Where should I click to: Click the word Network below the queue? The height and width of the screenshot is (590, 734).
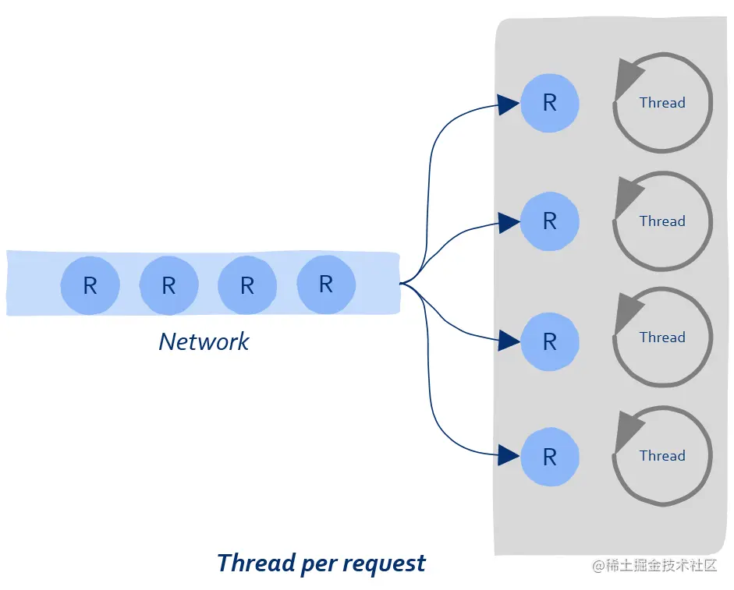pyautogui.click(x=204, y=341)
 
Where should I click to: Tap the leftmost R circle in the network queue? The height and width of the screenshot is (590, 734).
pyautogui.click(x=90, y=285)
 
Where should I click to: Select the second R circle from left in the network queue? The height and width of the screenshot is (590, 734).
pyautogui.click(x=168, y=285)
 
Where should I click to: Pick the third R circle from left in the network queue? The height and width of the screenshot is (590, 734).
pyautogui.click(x=247, y=285)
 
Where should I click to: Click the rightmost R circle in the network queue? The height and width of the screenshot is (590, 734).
pyautogui.click(x=326, y=284)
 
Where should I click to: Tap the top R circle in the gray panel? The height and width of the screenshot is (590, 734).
pyautogui.click(x=550, y=103)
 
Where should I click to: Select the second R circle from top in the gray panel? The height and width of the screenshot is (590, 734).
pyautogui.click(x=550, y=221)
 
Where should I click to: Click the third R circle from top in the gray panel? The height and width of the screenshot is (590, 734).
pyautogui.click(x=550, y=341)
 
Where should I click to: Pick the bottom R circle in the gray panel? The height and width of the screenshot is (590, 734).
pyautogui.click(x=550, y=457)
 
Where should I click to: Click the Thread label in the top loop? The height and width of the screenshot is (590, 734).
pyautogui.click(x=662, y=102)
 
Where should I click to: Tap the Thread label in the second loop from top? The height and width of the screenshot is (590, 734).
pyautogui.click(x=662, y=221)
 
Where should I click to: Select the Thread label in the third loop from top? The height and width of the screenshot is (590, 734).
pyautogui.click(x=662, y=337)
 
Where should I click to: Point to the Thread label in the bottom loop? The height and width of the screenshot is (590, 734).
pyautogui.click(x=662, y=455)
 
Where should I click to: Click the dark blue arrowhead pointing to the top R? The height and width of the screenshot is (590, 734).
pyautogui.click(x=508, y=104)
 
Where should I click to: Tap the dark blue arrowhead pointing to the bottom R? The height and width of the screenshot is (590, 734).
pyautogui.click(x=508, y=455)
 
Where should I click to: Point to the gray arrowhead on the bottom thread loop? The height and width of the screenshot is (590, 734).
pyautogui.click(x=627, y=431)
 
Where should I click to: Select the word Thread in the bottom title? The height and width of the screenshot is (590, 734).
pyautogui.click(x=256, y=563)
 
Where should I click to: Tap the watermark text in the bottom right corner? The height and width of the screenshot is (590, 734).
pyautogui.click(x=655, y=565)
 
